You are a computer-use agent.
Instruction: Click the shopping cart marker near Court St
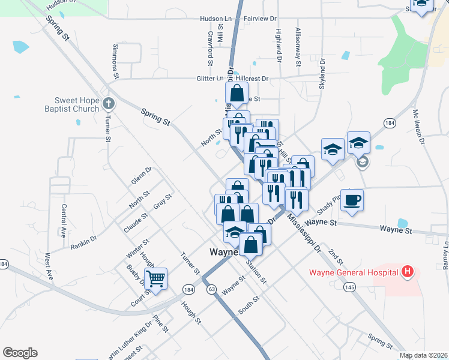pos(156,279)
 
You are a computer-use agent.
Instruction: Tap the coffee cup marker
pos(352,200)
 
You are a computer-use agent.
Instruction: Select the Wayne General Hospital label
pos(354,273)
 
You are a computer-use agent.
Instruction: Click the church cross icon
pos(108,103)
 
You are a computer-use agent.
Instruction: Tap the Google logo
pos(20,353)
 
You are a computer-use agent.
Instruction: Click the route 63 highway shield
pos(211,289)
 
